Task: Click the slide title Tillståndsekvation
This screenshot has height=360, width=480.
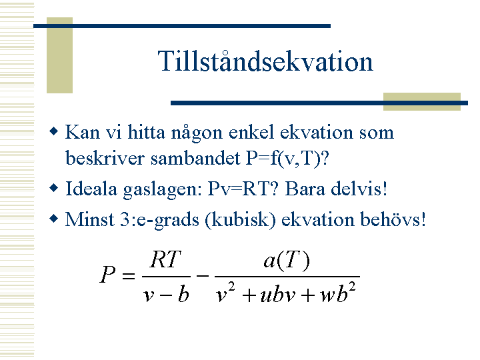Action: pyautogui.click(x=265, y=61)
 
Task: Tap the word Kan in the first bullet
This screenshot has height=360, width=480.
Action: pyautogui.click(x=83, y=132)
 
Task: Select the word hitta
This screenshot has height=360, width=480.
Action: pyautogui.click(x=146, y=132)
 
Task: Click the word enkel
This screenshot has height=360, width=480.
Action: pyautogui.click(x=251, y=132)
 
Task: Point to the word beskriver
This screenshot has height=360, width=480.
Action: pyautogui.click(x=105, y=158)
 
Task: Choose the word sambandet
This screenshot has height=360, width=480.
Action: pyautogui.click(x=195, y=158)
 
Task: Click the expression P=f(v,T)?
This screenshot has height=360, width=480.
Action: pyautogui.click(x=287, y=159)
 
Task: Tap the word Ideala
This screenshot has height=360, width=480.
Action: pyautogui.click(x=91, y=189)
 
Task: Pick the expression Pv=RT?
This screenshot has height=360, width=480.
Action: pyautogui.click(x=243, y=189)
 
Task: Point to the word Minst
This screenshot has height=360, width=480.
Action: pyautogui.click(x=90, y=219)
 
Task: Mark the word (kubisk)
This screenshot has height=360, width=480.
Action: pyautogui.click(x=240, y=220)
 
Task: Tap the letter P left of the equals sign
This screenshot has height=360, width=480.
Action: pyautogui.click(x=107, y=274)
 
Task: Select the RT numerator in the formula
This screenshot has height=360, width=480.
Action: pyautogui.click(x=165, y=259)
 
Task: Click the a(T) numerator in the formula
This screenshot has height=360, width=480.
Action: pyautogui.click(x=287, y=261)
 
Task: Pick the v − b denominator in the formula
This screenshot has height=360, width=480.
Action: pyautogui.click(x=166, y=295)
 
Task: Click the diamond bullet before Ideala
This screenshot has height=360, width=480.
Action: pyautogui.click(x=53, y=187)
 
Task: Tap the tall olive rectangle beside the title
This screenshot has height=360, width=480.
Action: pyautogui.click(x=60, y=55)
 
